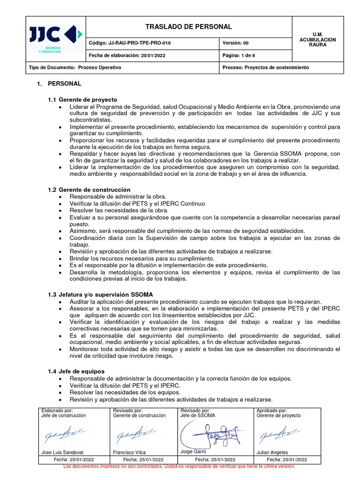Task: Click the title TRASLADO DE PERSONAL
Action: point(188,27)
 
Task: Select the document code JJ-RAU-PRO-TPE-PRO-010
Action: point(130,43)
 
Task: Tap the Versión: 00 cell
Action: point(235,43)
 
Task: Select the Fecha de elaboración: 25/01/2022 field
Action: point(127,55)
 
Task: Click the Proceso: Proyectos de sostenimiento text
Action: point(266,67)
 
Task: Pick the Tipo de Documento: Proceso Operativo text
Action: point(75,67)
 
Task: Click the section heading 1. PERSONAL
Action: point(60,84)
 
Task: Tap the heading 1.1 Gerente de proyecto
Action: point(82,100)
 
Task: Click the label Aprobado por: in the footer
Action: point(272,410)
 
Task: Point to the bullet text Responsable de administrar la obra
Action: point(118,196)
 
